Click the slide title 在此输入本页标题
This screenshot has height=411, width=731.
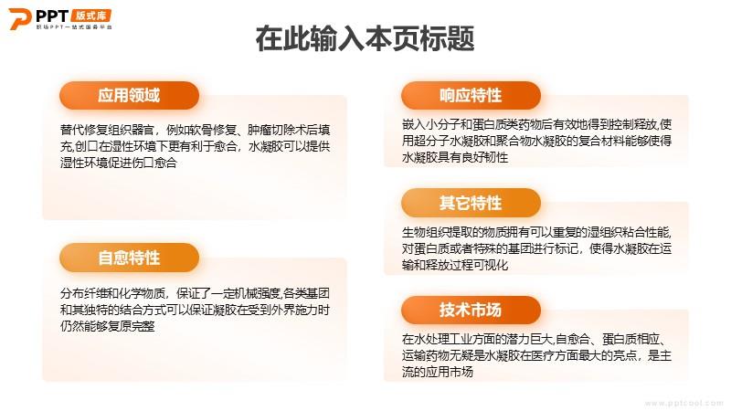point(365,38)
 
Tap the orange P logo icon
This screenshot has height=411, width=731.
point(19,19)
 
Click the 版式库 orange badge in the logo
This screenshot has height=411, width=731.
point(91,16)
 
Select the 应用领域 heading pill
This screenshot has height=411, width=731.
point(129,96)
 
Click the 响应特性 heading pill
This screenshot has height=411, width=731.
point(471,96)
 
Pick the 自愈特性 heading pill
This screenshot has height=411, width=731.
point(129,258)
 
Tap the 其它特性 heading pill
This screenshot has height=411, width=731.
point(471,203)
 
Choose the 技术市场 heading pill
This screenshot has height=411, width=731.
point(471,310)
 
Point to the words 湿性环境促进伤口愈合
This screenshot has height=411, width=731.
point(119,163)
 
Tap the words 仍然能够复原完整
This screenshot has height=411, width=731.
point(107,326)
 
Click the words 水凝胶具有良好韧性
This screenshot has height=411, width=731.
point(455,157)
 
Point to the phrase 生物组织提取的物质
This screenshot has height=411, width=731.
point(455,232)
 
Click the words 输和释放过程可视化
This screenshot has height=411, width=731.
point(455,265)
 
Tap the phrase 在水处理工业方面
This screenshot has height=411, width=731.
point(449,339)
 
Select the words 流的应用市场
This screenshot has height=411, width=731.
point(438,372)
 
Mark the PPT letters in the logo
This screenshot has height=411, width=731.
point(52,16)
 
